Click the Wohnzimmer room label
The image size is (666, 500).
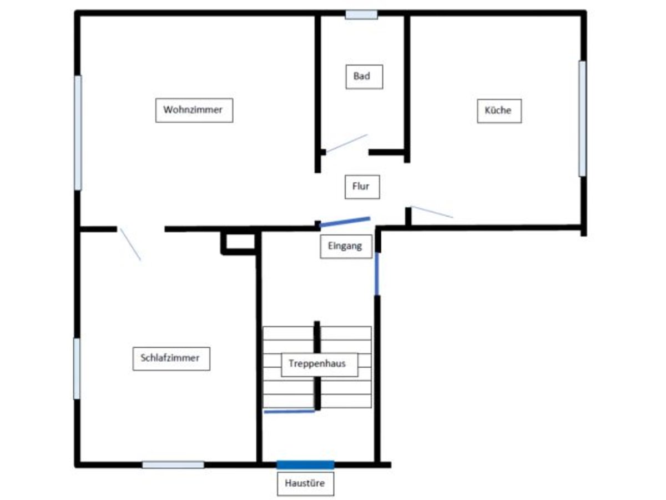(x=194, y=110)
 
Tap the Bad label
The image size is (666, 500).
(x=361, y=76)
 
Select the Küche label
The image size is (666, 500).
(x=498, y=111)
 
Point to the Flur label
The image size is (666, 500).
(x=361, y=187)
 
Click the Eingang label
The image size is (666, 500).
(x=345, y=246)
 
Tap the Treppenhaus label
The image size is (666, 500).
(x=319, y=364)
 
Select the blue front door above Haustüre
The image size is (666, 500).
(x=305, y=464)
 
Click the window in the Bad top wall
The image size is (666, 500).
(x=361, y=14)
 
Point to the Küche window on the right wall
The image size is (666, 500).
(x=582, y=118)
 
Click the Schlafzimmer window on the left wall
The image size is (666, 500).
(x=77, y=368)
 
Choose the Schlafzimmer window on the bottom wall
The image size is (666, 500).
(x=173, y=464)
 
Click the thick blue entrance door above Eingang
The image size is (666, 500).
(x=345, y=222)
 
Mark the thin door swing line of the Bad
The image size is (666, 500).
(x=346, y=143)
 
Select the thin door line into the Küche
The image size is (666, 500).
(x=432, y=212)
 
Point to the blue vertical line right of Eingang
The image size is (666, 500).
(x=377, y=273)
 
